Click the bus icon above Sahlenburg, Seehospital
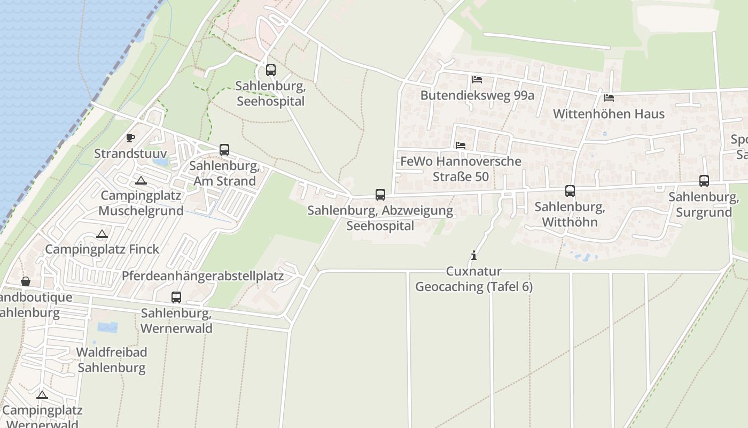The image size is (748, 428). tap(271, 70)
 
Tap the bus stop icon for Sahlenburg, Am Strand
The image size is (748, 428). tap(224, 150)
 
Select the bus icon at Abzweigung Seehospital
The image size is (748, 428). tap(380, 195)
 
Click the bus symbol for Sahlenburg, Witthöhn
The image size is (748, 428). tap(570, 191)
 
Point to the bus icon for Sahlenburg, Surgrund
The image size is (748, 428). tap(704, 181)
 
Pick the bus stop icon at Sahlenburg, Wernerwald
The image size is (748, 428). tap(176, 297)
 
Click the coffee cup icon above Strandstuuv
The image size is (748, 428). tap(130, 138)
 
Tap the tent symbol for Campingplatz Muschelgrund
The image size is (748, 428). tap(141, 181)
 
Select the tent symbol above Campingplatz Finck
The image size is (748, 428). tap(102, 234)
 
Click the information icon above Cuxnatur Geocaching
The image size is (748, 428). tap(473, 256)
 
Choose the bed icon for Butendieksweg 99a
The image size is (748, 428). tap(477, 80)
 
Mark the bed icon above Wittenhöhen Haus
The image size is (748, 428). tap(609, 98)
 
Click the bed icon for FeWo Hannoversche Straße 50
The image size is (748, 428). tap(461, 146)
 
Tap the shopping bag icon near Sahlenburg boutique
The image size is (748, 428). tap(26, 281)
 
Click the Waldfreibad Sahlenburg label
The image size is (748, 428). tap(112, 360)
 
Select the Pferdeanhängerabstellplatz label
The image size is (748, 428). tap(202, 276)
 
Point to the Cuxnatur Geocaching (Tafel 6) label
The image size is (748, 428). tap(474, 279)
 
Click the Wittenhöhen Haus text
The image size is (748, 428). tap(609, 114)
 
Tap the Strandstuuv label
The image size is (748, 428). tap(130, 154)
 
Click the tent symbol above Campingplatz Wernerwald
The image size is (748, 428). tap(42, 395)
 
